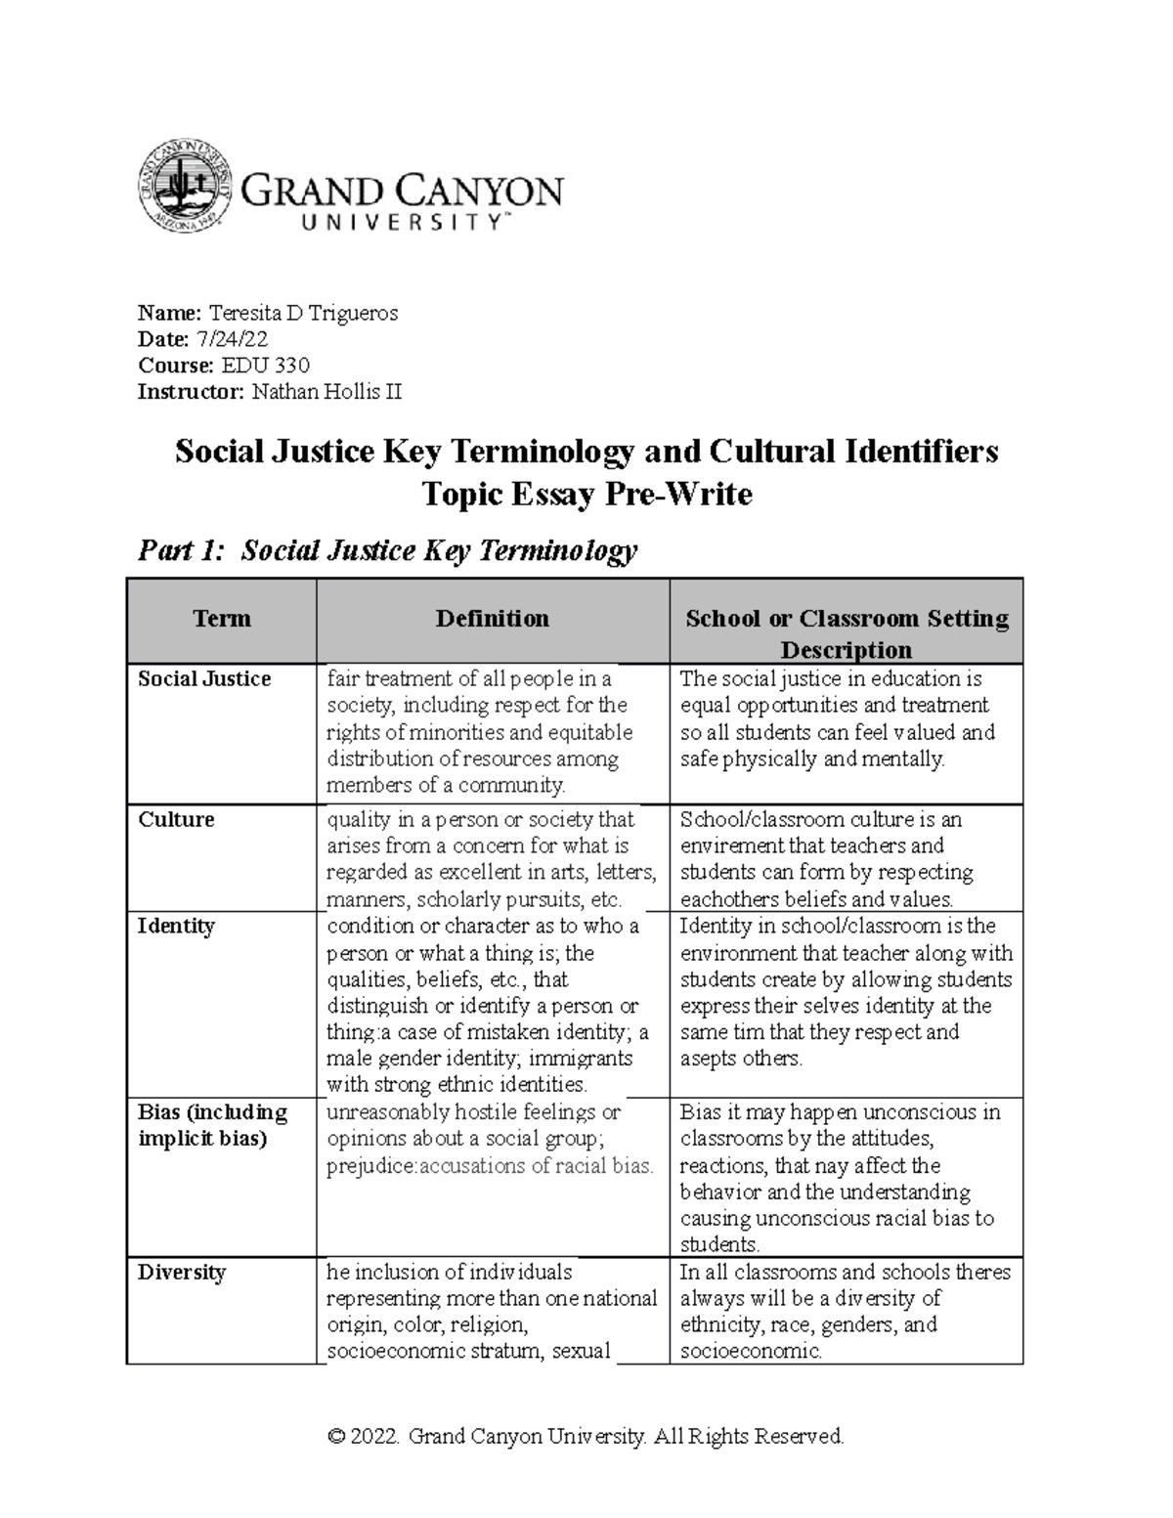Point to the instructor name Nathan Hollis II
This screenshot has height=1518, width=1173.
coord(326,392)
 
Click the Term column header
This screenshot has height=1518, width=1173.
coord(222,619)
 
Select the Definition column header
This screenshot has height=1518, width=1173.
coord(492,619)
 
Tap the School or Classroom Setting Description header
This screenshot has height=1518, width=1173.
coord(847,632)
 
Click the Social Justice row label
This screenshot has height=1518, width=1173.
coord(204,679)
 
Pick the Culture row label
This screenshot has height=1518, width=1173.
coord(176,819)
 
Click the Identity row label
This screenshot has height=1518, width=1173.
coord(176,926)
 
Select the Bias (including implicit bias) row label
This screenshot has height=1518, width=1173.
coord(213,1125)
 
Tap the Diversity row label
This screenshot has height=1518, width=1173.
coord(182,1273)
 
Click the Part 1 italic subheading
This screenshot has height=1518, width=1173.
coord(387,551)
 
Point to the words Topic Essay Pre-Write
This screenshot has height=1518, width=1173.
coord(586,495)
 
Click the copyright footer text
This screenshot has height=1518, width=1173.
coord(586,1436)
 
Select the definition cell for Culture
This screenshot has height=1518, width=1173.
coord(492,859)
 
